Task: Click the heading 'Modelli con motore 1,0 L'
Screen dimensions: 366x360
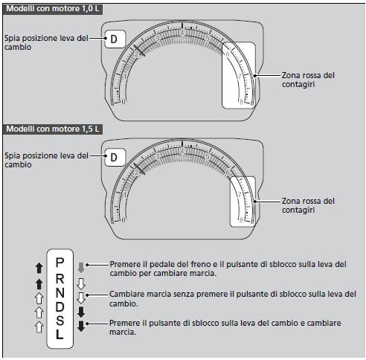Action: (53, 9)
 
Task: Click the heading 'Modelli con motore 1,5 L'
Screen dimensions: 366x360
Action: (53, 129)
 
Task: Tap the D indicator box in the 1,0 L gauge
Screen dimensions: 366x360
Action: (115, 39)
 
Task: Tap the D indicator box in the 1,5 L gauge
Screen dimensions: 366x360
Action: (115, 157)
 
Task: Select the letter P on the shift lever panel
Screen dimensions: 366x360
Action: (60, 263)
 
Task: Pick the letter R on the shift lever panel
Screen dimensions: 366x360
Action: (60, 279)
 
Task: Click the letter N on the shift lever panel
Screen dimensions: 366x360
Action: (60, 293)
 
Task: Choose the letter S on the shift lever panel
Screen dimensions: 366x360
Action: (60, 321)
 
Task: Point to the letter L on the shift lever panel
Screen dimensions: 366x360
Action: (60, 334)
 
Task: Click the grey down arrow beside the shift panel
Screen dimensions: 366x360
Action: (81, 268)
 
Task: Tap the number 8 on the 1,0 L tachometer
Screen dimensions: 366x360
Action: (241, 102)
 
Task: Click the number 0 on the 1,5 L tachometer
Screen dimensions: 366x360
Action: (123, 219)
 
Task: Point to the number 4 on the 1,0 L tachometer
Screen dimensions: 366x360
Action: (182, 33)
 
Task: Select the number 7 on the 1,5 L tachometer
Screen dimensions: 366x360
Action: (240, 195)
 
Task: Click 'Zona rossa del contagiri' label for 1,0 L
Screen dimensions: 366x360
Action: (308, 80)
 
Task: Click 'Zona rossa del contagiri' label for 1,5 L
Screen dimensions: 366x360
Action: (308, 205)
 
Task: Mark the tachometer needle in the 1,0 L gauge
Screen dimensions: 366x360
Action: (139, 51)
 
